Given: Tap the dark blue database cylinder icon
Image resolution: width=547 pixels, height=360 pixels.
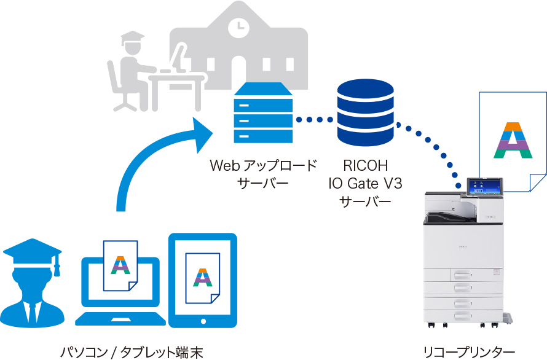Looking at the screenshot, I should pyautogui.click(x=365, y=115).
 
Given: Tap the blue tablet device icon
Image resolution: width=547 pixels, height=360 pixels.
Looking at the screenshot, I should pyautogui.click(x=202, y=280).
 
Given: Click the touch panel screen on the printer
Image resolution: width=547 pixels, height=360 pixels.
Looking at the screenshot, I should pyautogui.click(x=485, y=187).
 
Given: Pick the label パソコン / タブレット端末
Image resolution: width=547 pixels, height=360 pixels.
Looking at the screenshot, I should pyautogui.click(x=131, y=352).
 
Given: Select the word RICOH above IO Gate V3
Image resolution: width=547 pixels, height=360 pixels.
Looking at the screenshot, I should pyautogui.click(x=366, y=166).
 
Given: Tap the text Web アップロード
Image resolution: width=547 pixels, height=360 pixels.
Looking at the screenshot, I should pyautogui.click(x=264, y=166).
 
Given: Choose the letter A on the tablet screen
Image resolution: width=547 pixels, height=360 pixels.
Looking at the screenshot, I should pyautogui.click(x=202, y=278).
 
